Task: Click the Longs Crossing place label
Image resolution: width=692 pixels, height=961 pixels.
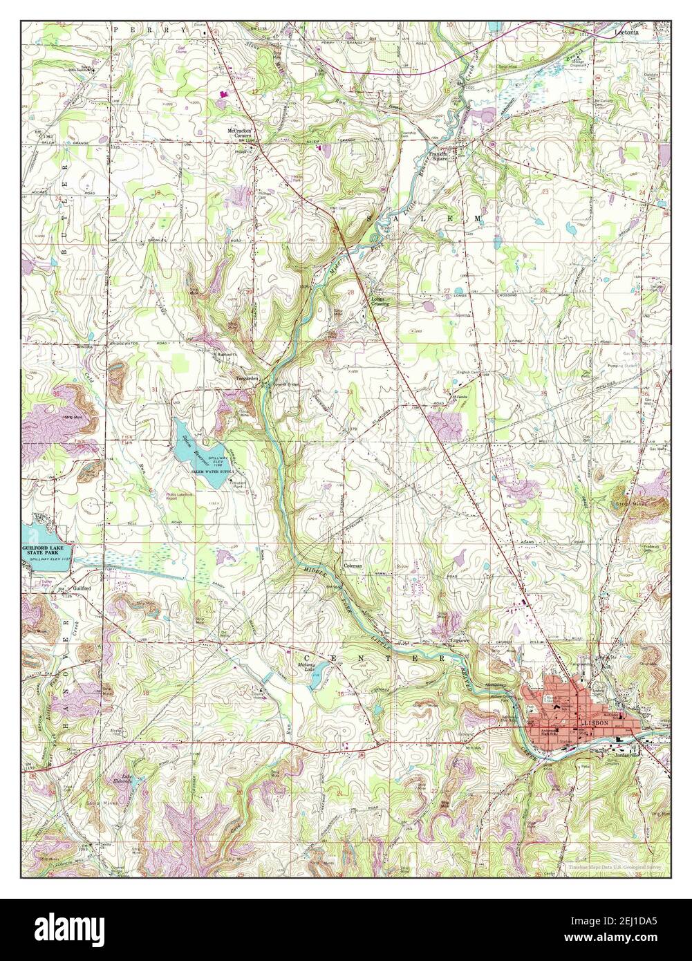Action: pyautogui.click(x=380, y=301)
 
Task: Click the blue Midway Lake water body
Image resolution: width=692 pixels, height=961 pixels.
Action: pyautogui.click(x=314, y=682)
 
